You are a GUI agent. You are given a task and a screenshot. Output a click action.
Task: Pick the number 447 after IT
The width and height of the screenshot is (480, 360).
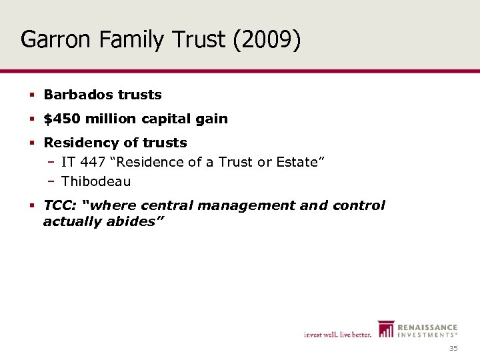click(90, 162)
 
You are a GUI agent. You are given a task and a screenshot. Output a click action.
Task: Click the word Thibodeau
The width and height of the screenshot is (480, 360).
click(96, 181)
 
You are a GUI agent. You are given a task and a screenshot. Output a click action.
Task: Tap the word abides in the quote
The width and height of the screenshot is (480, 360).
click(133, 221)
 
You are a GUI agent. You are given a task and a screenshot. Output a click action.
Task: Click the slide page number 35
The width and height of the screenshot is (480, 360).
click(453, 349)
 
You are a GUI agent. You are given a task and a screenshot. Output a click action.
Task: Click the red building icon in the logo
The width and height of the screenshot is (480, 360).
click(386, 329)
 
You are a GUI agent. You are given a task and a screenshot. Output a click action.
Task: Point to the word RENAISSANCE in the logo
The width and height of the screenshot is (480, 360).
click(427, 327)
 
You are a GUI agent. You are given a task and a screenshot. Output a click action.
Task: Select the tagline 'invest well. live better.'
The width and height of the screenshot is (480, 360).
click(337, 334)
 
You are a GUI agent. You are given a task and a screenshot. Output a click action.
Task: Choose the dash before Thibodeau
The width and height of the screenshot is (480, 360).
click(51, 181)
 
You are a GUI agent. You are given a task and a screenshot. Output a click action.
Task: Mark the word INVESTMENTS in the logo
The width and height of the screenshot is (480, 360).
click(427, 335)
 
